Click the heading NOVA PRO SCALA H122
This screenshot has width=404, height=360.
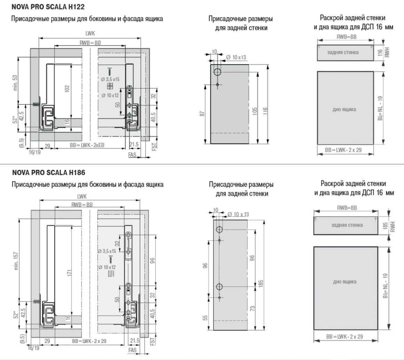[48, 7]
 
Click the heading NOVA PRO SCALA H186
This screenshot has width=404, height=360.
[48, 172]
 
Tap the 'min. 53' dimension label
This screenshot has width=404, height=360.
[15, 83]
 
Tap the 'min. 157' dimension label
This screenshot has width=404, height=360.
[16, 261]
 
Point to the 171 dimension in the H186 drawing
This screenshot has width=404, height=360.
[69, 273]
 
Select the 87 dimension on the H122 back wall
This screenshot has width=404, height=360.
[202, 114]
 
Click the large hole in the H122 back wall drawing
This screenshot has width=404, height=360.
[217, 72]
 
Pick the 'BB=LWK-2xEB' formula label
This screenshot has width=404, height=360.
[87, 145]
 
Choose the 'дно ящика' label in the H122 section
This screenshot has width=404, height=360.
[344, 109]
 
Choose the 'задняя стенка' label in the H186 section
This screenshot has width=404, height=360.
[347, 225]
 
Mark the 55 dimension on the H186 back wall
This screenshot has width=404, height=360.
[205, 318]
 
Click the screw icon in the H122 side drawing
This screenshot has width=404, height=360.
[110, 71]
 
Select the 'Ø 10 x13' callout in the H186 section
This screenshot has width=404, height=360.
[238, 214]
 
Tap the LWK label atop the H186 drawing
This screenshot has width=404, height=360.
[82, 196]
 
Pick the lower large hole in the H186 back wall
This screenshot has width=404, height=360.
[219, 287]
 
